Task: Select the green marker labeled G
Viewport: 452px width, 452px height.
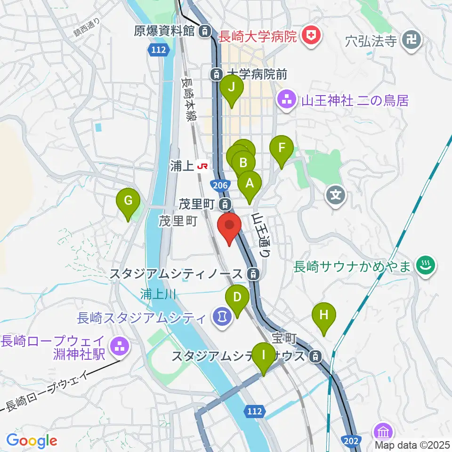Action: [x=128, y=202]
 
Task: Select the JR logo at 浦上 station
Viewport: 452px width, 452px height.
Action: [x=203, y=166]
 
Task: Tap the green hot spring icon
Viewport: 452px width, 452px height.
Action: [x=426, y=267]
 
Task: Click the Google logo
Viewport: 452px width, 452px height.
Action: [x=32, y=440]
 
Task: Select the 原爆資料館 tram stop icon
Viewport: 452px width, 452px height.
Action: [x=205, y=32]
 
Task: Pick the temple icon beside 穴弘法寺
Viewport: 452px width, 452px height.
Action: [x=412, y=39]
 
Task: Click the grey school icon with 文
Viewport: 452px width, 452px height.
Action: [x=336, y=194]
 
